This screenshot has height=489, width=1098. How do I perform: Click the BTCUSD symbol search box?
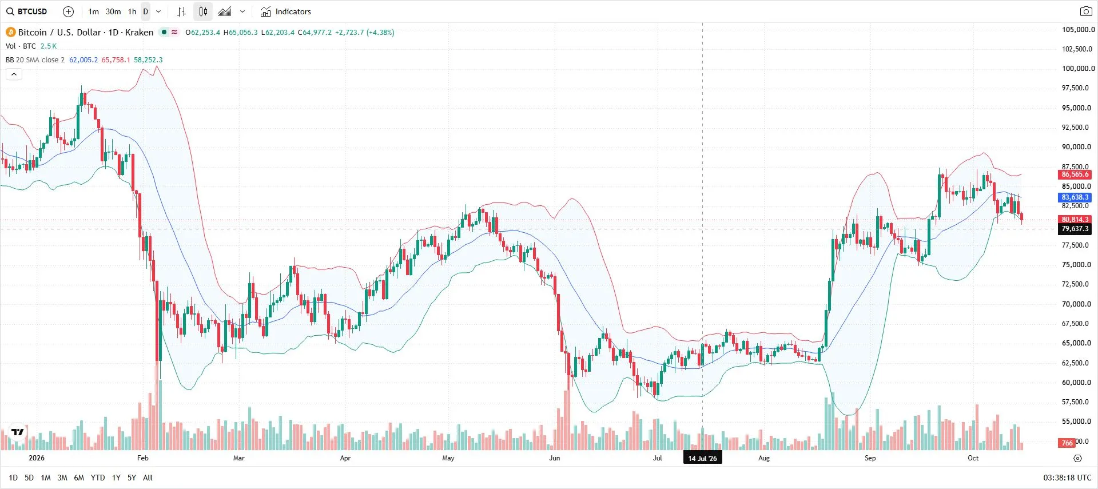27,11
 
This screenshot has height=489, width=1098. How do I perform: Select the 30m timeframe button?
113,11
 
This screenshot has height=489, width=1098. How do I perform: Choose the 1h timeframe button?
132,11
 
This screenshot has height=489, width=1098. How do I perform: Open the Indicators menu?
286,11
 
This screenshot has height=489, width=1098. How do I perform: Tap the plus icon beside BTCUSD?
68,11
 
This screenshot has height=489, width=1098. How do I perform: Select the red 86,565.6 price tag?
1075,174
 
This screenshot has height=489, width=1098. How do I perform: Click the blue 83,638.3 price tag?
1075,197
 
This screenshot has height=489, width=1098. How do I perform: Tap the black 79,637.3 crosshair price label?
1075,229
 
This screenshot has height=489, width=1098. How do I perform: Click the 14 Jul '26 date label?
702,458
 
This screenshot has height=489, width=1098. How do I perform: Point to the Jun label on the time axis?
554,458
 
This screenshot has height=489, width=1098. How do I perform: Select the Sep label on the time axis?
870,458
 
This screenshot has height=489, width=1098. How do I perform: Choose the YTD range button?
98,478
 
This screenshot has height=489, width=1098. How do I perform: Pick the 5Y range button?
132,478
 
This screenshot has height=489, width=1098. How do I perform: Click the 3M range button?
62,478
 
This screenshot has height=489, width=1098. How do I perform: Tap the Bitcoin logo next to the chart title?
10,33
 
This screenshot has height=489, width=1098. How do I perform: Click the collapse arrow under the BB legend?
14,74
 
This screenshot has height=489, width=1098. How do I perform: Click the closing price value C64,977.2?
315,33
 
